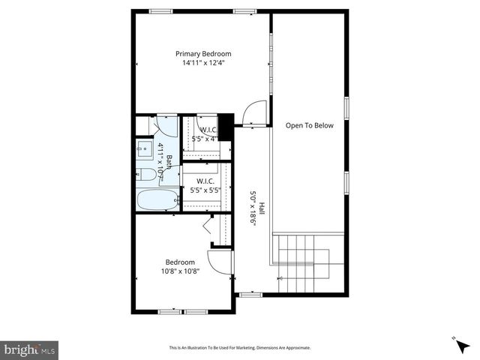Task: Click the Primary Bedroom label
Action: click(203, 54)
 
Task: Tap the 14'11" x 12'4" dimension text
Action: click(203, 64)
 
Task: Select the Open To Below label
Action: click(309, 126)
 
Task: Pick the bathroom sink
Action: click(145, 149)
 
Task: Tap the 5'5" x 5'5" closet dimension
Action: click(205, 190)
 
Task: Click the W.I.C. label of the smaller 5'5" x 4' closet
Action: click(208, 130)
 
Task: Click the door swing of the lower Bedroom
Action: click(219, 262)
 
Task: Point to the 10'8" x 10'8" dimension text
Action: click(180, 271)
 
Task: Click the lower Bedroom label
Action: click(180, 262)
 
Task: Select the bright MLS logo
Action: click(30, 349)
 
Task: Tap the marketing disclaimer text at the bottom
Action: click(240, 348)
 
